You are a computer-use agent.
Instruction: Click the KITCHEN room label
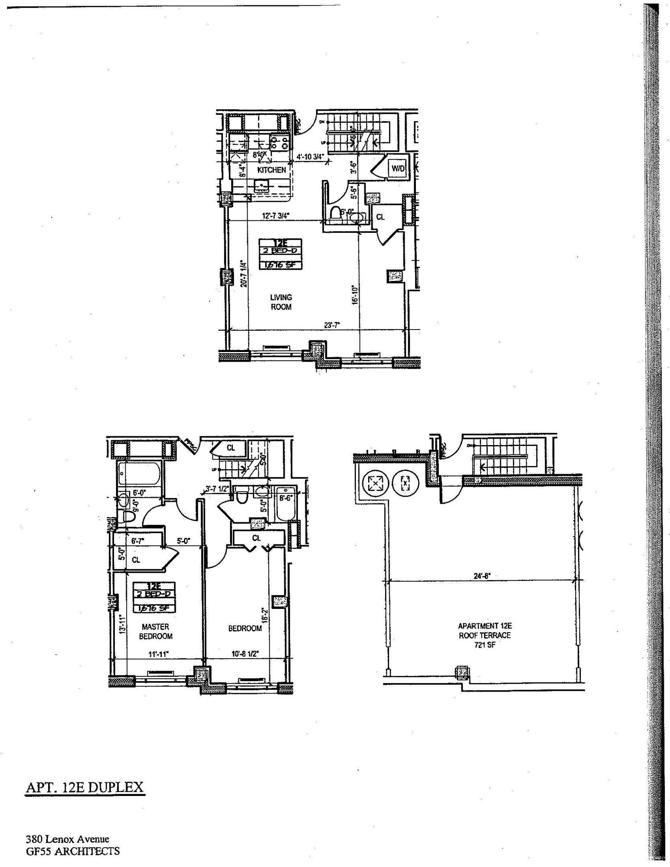tap(271, 170)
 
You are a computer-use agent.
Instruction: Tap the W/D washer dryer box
tap(398, 169)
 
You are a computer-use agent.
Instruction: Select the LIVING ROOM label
tap(281, 302)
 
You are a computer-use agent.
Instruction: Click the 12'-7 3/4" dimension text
tap(275, 216)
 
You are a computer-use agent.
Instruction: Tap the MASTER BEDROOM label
tap(155, 631)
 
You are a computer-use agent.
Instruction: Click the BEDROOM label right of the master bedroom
tap(244, 628)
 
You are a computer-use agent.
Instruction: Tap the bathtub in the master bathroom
tap(140, 475)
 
